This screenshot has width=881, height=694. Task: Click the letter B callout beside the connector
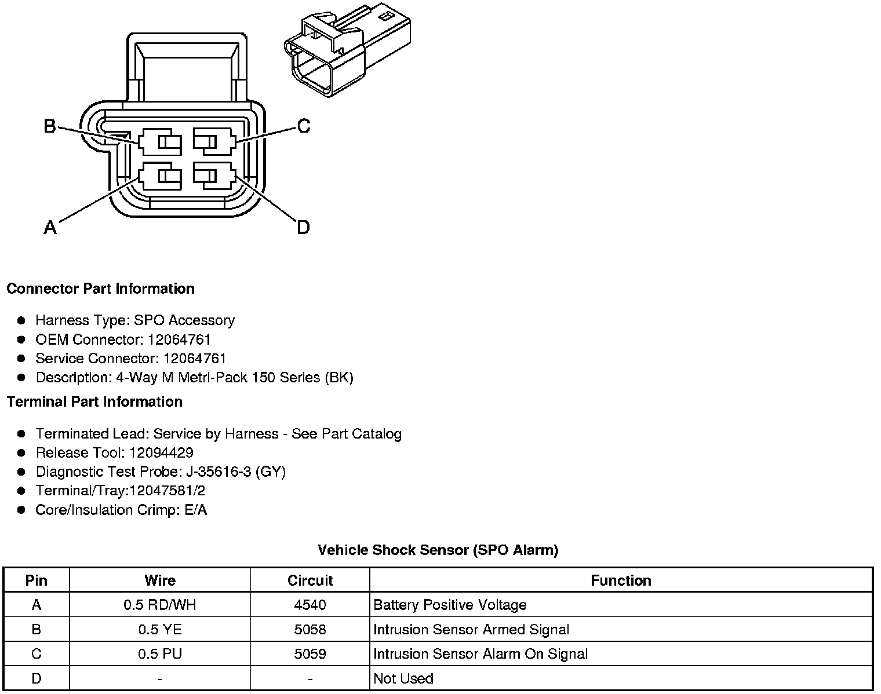50,126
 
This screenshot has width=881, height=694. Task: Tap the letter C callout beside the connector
303,126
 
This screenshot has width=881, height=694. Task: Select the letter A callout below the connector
50,227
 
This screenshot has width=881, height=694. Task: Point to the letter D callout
303,227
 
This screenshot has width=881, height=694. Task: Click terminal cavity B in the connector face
160,141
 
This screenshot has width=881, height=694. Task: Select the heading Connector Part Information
100,288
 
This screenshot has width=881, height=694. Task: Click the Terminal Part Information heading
94,401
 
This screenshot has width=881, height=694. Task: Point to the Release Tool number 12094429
161,452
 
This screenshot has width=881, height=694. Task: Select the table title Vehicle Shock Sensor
438,550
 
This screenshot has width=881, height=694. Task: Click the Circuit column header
310,580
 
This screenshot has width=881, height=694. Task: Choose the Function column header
621,580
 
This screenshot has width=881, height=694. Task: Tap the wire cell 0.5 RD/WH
159,605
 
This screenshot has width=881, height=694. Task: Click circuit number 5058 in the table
310,630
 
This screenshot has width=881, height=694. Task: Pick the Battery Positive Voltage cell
450,605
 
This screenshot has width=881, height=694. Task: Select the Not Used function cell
403,678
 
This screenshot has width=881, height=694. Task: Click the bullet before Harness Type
21,320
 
